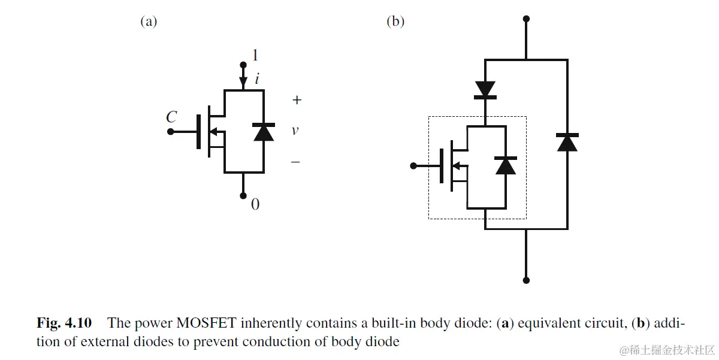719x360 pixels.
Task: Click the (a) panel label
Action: click(149, 22)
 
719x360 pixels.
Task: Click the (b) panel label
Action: click(395, 22)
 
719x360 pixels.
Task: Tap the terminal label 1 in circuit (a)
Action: click(256, 56)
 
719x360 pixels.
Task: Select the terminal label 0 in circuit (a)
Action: click(255, 205)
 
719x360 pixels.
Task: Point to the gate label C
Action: click(171, 117)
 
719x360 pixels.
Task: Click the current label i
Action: click(256, 78)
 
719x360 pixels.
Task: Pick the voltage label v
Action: click(295, 130)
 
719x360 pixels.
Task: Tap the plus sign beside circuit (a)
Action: click(296, 100)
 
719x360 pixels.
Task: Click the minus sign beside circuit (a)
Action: click(295, 162)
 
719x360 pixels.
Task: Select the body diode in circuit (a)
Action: click(264, 132)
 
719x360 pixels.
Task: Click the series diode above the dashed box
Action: click(485, 90)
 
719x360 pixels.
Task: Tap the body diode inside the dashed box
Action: click(506, 165)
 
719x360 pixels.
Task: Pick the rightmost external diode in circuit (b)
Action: click(567, 142)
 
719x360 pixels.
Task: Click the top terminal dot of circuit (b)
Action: click(526, 19)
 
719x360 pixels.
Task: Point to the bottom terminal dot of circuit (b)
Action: click(526, 280)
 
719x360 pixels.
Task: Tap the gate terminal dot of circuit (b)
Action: click(413, 165)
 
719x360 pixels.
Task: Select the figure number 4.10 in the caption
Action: click(77, 323)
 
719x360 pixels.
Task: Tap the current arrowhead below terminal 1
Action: click(243, 81)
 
